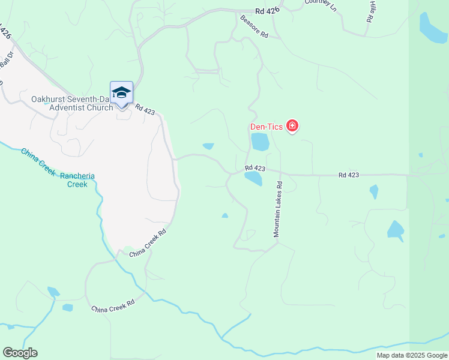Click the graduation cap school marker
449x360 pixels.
click(121, 93)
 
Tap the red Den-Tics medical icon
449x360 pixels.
click(292, 126)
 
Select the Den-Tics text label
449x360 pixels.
click(266, 127)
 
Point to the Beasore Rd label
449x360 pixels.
click(254, 26)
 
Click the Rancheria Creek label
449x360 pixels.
click(81, 180)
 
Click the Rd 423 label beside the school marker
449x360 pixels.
click(145, 109)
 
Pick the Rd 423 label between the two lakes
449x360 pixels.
click(255, 169)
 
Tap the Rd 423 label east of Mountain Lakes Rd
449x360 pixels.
click(348, 175)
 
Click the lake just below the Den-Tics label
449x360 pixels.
click(260, 142)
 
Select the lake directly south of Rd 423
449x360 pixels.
click(253, 178)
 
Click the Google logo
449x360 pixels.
click(20, 353)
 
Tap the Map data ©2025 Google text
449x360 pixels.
click(411, 355)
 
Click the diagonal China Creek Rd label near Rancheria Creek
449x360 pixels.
click(148, 244)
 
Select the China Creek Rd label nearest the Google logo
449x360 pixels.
click(112, 309)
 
